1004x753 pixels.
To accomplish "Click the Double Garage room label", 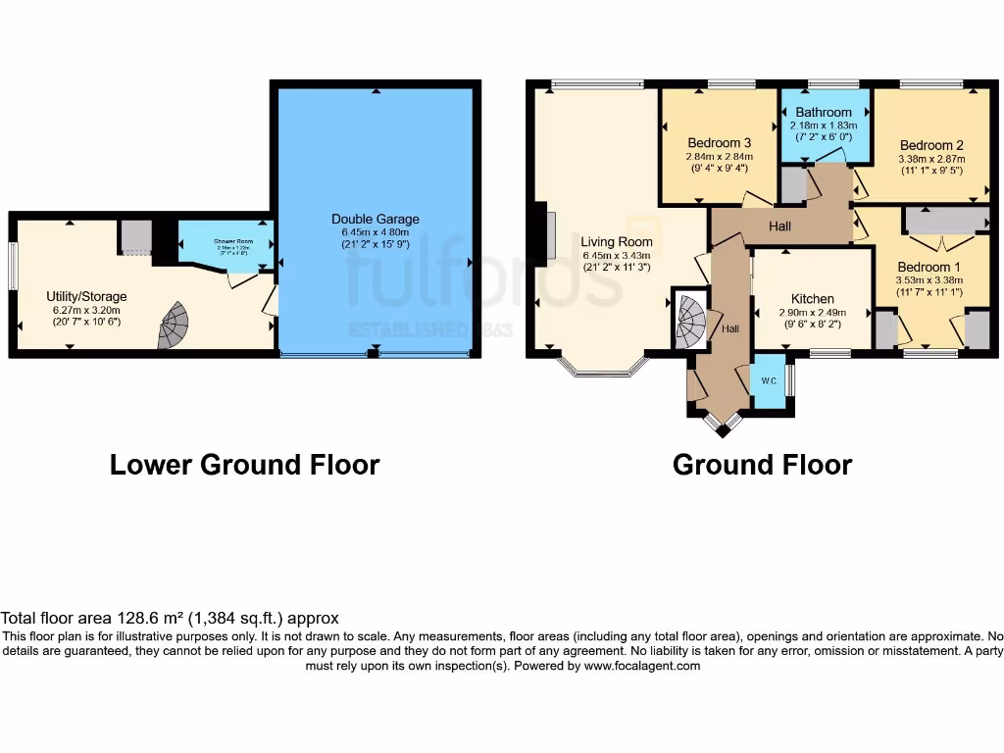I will (376, 219).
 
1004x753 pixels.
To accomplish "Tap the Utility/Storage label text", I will (86, 296).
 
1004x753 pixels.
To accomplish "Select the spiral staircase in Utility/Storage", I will (174, 325).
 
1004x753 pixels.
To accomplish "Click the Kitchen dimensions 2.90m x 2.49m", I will (813, 313).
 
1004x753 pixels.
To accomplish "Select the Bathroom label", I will (824, 113).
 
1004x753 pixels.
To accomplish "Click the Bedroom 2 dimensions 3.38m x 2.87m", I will (931, 159).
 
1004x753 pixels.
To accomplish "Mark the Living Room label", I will (616, 241).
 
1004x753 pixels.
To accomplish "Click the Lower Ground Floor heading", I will (244, 465).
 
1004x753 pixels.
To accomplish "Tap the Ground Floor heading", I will (762, 465).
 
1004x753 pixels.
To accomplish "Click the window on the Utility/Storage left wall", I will (13, 265).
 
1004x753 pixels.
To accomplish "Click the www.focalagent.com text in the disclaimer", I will (642, 666).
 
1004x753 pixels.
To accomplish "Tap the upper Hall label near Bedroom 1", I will (780, 226).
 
